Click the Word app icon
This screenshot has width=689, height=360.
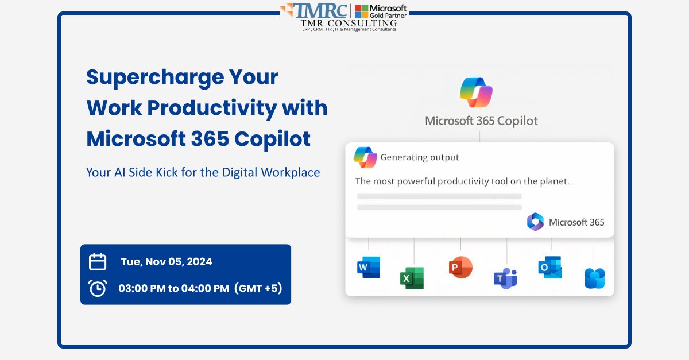[368, 267]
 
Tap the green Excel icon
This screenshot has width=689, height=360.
[412, 278]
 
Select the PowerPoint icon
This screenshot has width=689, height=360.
[460, 268]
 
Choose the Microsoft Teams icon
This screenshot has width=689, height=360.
[505, 278]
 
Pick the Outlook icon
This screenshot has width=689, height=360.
[549, 268]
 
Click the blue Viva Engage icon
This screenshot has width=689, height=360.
[594, 278]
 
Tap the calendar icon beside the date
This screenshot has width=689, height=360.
[98, 262]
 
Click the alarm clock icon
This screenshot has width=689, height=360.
[98, 288]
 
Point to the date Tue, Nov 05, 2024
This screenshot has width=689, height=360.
[166, 262]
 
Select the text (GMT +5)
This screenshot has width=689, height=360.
[258, 288]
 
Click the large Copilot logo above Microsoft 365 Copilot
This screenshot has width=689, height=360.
[476, 92]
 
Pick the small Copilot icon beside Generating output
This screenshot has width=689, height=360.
[365, 157]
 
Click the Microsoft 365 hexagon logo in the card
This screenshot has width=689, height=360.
[535, 222]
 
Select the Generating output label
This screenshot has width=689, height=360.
[420, 157]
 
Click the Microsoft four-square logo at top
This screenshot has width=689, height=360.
[362, 11]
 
